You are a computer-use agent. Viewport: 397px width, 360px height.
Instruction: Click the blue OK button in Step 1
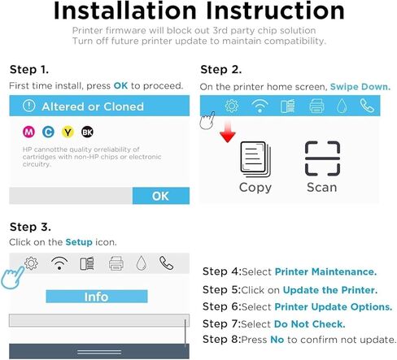coord(161,196)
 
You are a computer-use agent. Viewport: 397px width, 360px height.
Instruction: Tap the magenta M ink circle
coord(28,132)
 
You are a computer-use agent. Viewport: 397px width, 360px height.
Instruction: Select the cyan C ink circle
coord(48,132)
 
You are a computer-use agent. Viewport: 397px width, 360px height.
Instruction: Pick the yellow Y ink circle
coord(68,132)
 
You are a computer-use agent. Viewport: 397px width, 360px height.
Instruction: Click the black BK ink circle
coord(87,132)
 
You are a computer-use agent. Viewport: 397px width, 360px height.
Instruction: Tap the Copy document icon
coord(255,159)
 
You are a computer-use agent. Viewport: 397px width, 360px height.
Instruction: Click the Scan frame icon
coord(322,158)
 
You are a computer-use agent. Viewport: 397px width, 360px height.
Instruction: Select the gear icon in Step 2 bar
coord(232,106)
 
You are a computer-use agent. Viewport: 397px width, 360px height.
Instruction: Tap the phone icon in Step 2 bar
coord(367,106)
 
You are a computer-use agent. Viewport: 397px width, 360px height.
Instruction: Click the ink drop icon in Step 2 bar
coord(342,106)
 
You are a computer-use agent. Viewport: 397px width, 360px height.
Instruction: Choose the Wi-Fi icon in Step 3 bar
coord(59,263)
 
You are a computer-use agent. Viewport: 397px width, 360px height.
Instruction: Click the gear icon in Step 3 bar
coord(31,263)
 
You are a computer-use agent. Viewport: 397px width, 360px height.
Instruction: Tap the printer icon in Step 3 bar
coord(116,263)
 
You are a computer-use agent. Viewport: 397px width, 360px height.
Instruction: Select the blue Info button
coord(97,297)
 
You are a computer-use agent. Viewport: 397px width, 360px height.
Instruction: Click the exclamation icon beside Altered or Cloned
coord(29,106)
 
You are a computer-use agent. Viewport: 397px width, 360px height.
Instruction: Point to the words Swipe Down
coord(360,87)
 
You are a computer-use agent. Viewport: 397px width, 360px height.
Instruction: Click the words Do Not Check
coord(309,324)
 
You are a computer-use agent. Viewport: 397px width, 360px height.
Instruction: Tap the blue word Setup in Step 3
coord(79,242)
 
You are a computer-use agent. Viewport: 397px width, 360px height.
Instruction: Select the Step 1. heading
coord(29,70)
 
